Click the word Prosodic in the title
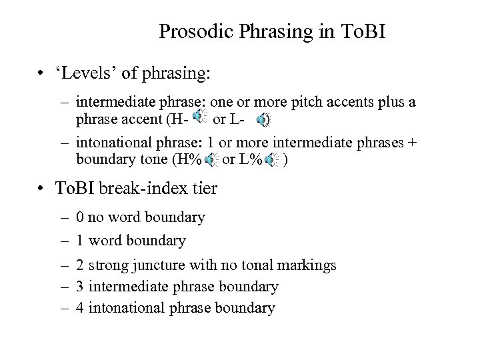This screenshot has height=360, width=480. click(x=189, y=32)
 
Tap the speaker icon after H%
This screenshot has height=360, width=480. click(x=211, y=160)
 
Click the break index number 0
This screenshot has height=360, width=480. click(x=80, y=217)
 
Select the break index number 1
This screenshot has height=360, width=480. click(x=80, y=239)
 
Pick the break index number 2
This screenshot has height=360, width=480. click(x=80, y=265)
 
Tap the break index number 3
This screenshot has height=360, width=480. click(x=80, y=287)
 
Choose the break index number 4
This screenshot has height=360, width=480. click(x=80, y=308)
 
